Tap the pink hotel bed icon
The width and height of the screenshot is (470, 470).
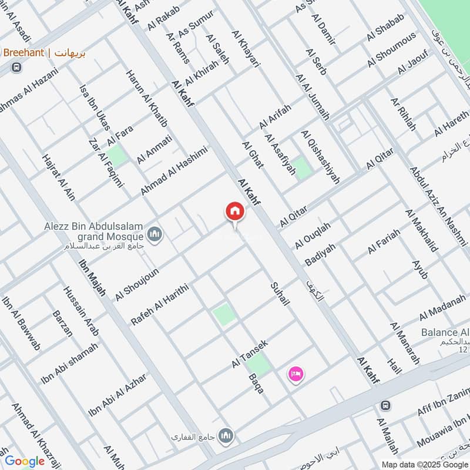pyautogui.click(x=296, y=374)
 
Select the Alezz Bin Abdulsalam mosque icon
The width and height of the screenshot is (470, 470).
pyautogui.click(x=156, y=235)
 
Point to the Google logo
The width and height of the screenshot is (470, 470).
pyautogui.click(x=25, y=461)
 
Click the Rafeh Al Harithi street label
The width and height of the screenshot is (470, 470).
pyautogui.click(x=159, y=303)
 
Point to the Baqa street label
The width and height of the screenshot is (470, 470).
pyautogui.click(x=256, y=383)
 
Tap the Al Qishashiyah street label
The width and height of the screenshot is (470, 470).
pyautogui.click(x=320, y=157)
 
